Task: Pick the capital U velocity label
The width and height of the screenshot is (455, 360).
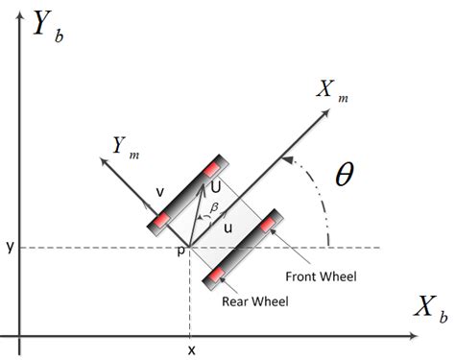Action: tap(215, 188)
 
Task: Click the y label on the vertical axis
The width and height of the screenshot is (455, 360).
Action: tap(8, 248)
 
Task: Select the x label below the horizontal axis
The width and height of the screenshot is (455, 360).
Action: tap(191, 349)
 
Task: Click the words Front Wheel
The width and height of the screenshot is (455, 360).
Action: tap(321, 277)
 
